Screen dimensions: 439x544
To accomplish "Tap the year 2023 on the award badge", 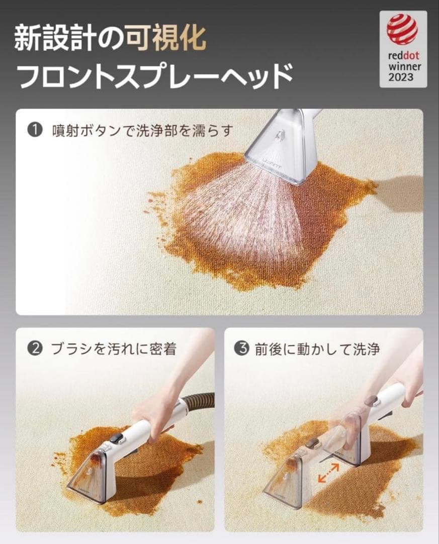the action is point(401,77).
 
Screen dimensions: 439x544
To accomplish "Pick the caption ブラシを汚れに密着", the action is point(114,349).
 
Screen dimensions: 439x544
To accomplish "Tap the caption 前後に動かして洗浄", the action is point(317,349).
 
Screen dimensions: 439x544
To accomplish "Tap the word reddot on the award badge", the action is point(404,55).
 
